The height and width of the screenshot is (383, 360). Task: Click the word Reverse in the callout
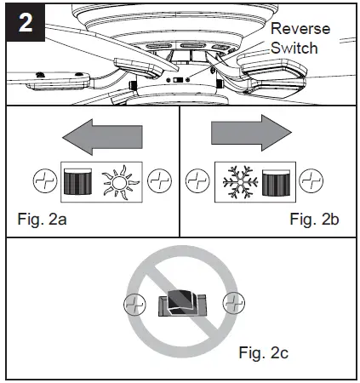[x=300, y=29]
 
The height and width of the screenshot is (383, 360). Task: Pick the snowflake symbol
[x=239, y=180]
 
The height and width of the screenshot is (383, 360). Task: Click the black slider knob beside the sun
[x=80, y=180]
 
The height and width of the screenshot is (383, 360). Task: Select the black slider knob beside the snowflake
[x=277, y=180]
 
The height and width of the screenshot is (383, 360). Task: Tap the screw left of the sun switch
[x=42, y=180]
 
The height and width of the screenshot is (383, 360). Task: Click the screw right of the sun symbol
[x=158, y=180]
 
